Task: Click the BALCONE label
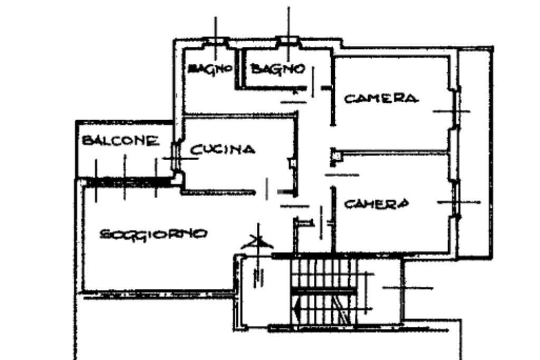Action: coord(120,141)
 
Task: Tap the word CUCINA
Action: coord(223,150)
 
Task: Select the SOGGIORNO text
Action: coord(153,233)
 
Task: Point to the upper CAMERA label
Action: coord(381,99)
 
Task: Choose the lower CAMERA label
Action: coord(377,203)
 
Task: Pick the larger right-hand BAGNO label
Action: coord(277,69)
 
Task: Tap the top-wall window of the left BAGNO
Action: coord(216,40)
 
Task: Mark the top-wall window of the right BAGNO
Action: coord(288,40)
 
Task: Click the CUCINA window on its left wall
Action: coord(177,157)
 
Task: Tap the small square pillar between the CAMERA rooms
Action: coord(336,154)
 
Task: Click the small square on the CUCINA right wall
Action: coord(292,164)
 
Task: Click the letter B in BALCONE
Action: coord(87,141)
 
